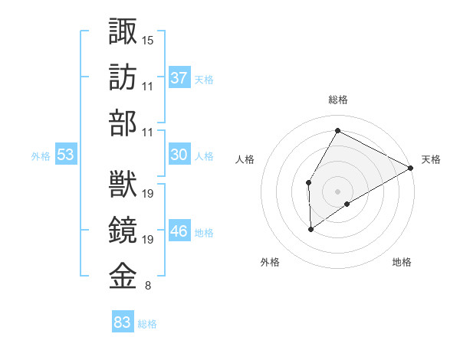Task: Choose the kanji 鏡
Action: (123, 231)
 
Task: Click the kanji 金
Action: (123, 277)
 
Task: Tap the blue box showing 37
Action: (179, 78)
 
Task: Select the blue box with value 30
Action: (179, 155)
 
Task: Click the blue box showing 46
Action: (179, 231)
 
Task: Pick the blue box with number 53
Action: (66, 155)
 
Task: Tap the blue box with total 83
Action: (123, 322)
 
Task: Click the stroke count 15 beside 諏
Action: (148, 39)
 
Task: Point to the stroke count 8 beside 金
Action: (147, 286)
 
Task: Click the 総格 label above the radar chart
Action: (337, 100)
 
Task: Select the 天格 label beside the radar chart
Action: (431, 160)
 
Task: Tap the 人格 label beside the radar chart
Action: (245, 160)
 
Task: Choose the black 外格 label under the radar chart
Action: (270, 262)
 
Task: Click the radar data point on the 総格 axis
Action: (337, 130)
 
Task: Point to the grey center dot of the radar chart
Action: (337, 191)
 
